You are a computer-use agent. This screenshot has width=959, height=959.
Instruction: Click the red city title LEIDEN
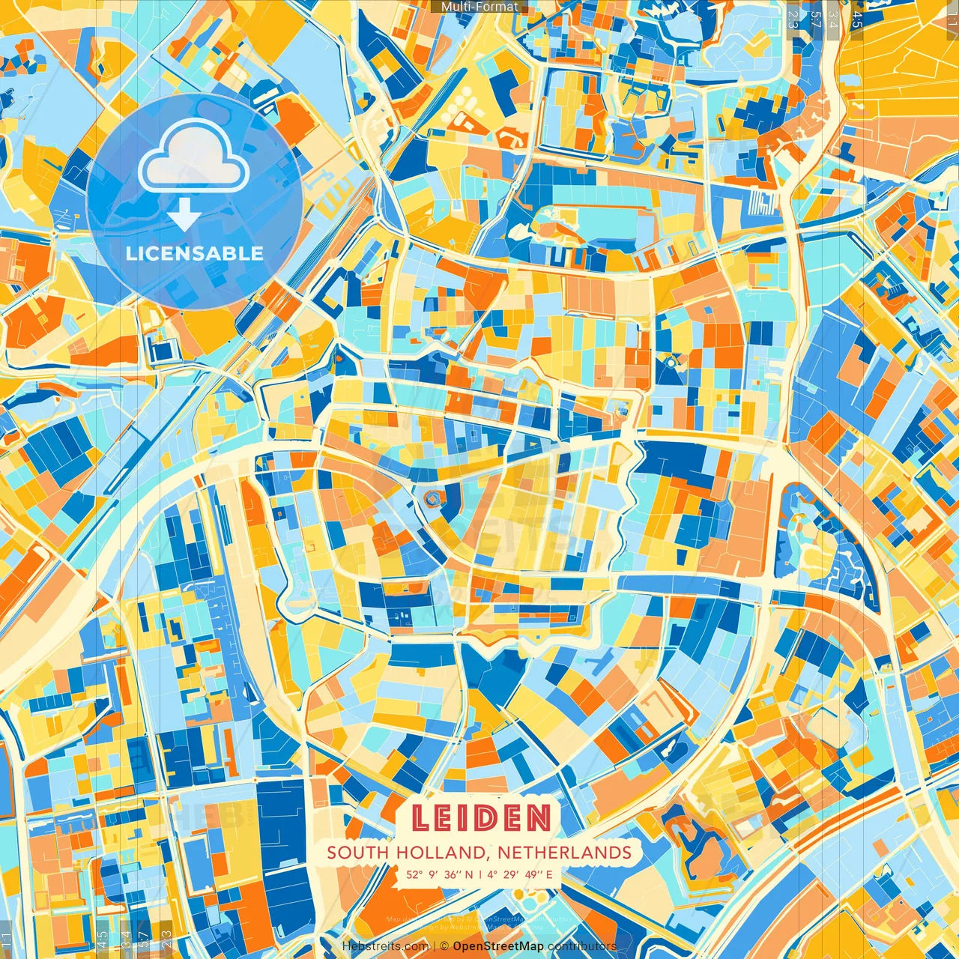coord(480,818)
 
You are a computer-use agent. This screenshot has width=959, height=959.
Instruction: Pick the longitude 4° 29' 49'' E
coord(519,874)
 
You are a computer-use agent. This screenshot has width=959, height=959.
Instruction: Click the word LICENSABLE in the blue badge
coord(195,253)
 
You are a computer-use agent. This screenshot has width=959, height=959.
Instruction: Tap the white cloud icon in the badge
coord(193,155)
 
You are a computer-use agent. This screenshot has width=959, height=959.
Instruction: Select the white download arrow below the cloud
coord(184,216)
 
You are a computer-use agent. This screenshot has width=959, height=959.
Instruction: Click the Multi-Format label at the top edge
coord(479,7)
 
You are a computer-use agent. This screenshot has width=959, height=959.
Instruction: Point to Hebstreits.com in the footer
coord(385,946)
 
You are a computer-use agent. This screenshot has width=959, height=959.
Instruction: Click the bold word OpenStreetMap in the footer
coord(498,946)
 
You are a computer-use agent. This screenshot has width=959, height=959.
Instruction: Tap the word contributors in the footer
coord(582,946)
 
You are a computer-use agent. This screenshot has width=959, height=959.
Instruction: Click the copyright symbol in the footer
coord(444,946)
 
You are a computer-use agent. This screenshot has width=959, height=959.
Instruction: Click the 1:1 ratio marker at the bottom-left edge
coord(6,940)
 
